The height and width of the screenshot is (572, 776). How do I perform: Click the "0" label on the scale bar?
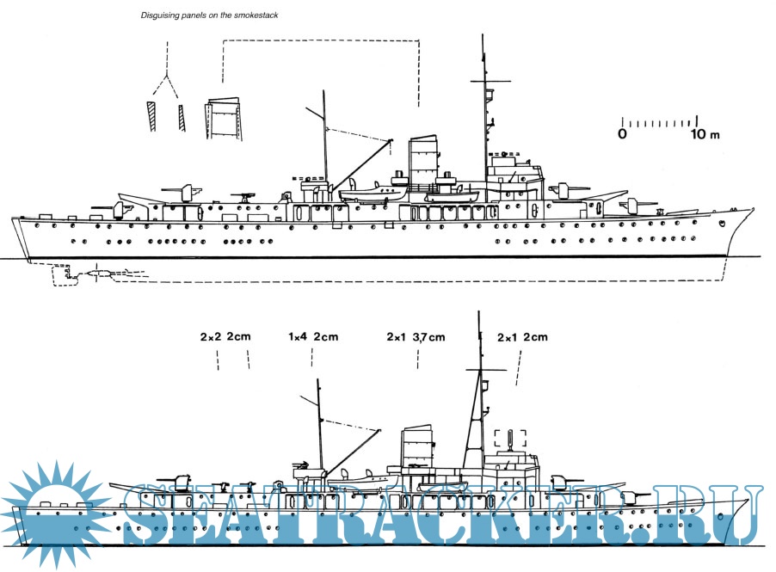622,134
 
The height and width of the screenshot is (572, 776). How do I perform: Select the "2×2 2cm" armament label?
225,336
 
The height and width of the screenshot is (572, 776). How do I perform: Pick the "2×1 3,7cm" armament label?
417,336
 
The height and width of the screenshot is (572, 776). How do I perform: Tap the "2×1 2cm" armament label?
522,336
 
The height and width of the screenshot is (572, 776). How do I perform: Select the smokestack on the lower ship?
416,447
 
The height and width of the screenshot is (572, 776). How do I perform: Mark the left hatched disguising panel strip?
151,117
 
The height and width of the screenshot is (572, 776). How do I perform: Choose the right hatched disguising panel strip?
182,117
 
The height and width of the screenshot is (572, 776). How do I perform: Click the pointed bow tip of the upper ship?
752,208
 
